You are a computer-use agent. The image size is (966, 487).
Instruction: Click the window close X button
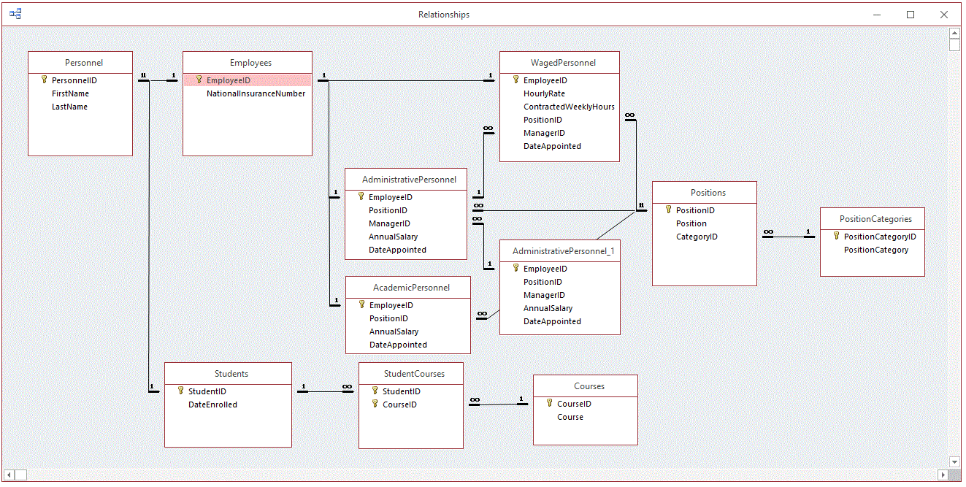click(943, 15)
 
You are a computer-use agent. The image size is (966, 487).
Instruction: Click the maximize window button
click(911, 15)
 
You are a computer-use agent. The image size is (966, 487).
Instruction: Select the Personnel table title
click(84, 63)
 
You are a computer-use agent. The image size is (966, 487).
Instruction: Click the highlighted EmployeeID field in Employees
click(229, 80)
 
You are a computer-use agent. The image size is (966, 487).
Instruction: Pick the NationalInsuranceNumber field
click(256, 93)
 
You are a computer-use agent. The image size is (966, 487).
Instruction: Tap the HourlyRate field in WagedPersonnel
click(544, 93)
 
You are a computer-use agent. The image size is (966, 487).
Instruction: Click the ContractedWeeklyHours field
click(569, 107)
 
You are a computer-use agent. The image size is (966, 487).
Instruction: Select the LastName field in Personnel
click(69, 107)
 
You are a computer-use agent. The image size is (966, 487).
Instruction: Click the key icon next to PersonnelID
click(44, 80)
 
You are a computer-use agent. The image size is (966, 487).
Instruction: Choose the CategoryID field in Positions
click(697, 237)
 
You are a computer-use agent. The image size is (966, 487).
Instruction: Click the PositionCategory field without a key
click(876, 250)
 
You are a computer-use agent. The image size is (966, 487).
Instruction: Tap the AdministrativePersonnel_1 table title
click(563, 251)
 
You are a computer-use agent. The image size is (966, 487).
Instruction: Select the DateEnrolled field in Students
click(212, 404)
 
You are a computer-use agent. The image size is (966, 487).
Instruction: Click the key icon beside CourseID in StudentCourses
click(375, 404)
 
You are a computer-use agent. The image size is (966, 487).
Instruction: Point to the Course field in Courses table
click(570, 417)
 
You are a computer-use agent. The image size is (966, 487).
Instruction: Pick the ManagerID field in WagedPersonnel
click(544, 133)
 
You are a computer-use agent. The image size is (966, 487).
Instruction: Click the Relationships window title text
click(444, 15)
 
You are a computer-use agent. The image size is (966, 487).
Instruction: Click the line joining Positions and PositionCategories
click(789, 237)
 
